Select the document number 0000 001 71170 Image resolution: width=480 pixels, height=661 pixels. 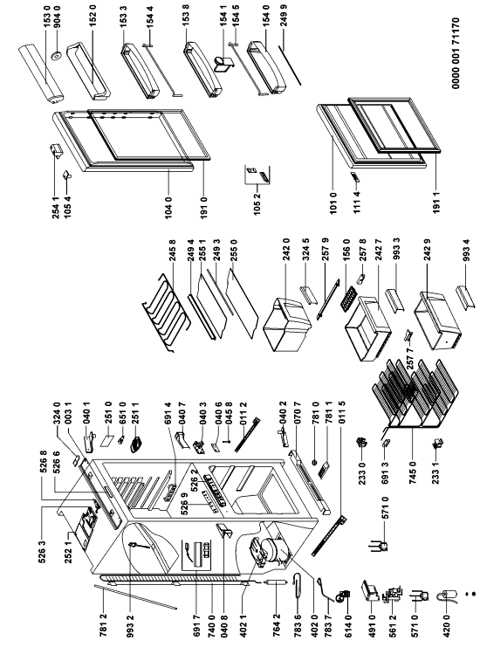pyautogui.click(x=456, y=53)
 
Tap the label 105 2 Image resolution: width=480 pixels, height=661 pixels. pyautogui.click(x=257, y=205)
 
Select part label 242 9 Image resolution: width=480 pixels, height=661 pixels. pyautogui.click(x=428, y=251)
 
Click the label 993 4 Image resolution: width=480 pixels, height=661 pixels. pyautogui.click(x=466, y=251)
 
